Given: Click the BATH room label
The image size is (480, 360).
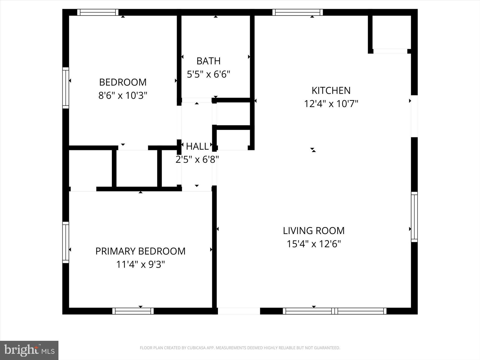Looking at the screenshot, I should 208,61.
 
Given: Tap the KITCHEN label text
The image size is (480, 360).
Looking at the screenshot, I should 331,91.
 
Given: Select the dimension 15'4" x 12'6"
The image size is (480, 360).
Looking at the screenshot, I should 314,244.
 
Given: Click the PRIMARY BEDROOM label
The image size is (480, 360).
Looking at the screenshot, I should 140,251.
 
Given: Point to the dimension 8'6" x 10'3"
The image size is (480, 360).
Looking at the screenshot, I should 123,95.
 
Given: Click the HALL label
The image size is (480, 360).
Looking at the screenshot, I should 197,146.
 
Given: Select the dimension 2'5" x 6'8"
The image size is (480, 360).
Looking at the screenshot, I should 197,160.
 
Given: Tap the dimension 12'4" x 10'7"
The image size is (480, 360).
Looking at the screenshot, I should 331,104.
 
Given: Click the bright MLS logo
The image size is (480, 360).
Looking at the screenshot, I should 29,350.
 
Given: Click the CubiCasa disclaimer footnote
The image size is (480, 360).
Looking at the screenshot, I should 240,348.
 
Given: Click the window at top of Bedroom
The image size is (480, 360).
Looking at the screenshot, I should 98,12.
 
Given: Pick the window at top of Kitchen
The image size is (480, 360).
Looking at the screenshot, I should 297,12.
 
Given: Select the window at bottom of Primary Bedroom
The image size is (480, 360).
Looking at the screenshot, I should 133,311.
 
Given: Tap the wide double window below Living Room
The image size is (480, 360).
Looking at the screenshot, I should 335,311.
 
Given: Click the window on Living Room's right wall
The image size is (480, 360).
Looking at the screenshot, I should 414,217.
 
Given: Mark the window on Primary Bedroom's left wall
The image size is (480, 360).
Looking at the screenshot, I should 66,243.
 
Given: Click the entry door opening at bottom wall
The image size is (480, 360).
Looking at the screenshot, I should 239,311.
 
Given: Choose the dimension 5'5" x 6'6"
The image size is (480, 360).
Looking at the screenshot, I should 208,75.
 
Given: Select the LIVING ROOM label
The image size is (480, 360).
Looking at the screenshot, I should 314,231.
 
